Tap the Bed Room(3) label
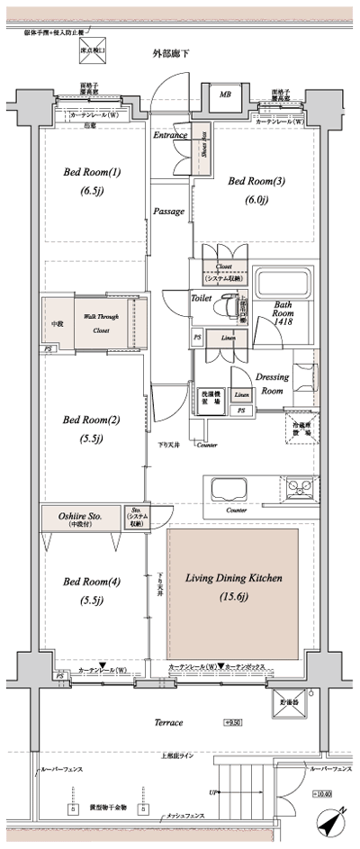click(256, 189)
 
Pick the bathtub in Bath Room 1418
click(283, 285)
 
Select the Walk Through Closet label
click(101, 322)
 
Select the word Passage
click(168, 212)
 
